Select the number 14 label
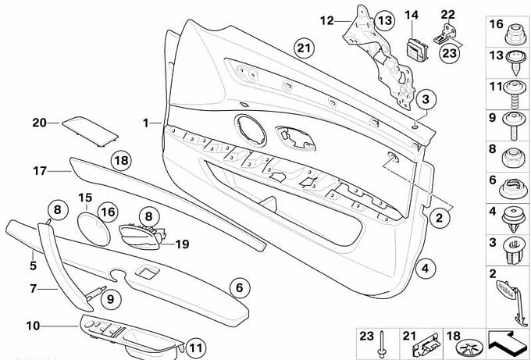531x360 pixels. (412, 14)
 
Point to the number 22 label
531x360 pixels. (446, 14)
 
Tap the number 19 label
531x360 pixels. (182, 244)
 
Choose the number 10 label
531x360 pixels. (32, 324)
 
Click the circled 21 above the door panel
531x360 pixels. (304, 48)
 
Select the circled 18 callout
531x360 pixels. (119, 162)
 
